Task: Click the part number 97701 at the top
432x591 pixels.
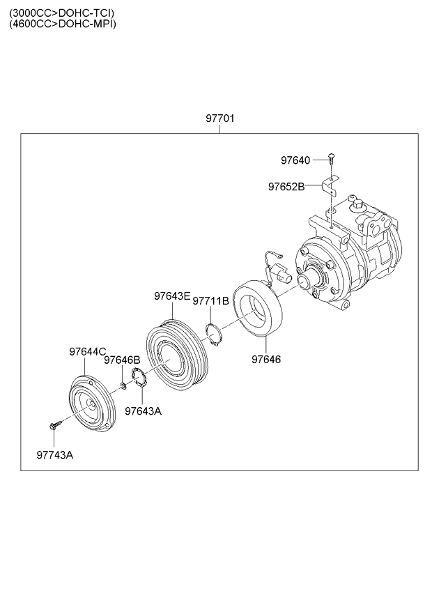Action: (219, 119)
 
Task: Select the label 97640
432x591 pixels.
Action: (295, 160)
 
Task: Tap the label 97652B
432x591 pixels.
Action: (286, 187)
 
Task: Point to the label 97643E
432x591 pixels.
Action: (172, 296)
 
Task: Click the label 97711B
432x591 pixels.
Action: (210, 301)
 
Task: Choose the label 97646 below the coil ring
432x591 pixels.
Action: (266, 360)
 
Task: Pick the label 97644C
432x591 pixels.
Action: (87, 352)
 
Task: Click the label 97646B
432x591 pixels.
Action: (123, 360)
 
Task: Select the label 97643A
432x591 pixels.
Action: (143, 411)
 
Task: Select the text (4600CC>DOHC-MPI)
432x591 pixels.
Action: (63, 24)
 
